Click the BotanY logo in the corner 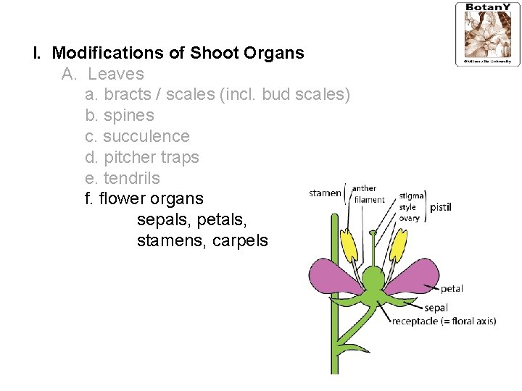coord(487,33)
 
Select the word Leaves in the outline coord(116,74)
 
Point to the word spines coord(129,116)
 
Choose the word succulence coord(146,137)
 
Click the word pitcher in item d coord(129,157)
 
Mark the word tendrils coord(132,178)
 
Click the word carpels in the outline coord(240,241)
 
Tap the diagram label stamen coord(325,193)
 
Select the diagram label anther coord(364,189)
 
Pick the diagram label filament coord(369,200)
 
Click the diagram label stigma coord(412,196)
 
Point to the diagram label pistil coord(441,207)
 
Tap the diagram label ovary coord(410,218)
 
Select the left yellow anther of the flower coord(349,246)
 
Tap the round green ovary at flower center coord(373,278)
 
